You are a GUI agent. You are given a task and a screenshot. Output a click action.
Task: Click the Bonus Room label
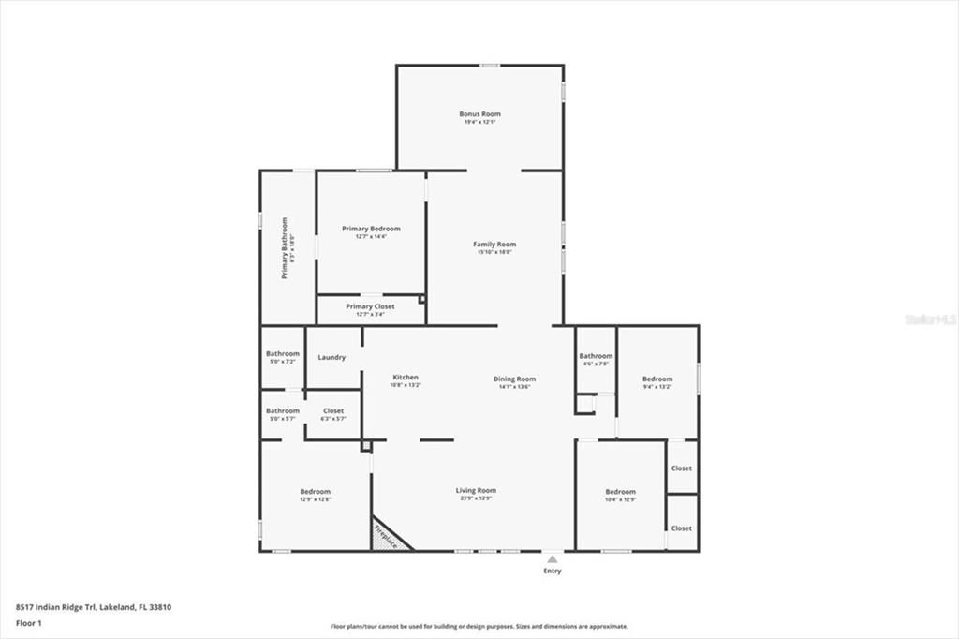pos(479,113)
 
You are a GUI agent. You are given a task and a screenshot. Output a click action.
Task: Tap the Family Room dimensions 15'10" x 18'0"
pos(494,252)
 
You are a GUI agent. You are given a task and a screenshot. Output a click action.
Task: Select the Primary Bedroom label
pos(371,229)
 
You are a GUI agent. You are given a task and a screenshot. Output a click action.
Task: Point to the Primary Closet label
pos(370,306)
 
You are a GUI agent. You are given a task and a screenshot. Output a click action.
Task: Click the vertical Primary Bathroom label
pos(285,248)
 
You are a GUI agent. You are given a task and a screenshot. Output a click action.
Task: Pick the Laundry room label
pos(332,357)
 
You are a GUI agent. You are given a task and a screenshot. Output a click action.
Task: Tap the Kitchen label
pos(406,377)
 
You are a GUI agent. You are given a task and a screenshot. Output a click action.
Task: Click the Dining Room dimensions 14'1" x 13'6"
pos(514,386)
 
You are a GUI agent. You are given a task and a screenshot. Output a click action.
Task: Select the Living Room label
pos(476,490)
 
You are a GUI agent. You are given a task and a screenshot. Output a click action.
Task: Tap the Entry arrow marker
pos(553,559)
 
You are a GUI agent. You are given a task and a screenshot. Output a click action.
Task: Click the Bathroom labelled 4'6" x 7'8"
pos(595,356)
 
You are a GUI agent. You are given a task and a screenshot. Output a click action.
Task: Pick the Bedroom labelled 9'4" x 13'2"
pos(657,379)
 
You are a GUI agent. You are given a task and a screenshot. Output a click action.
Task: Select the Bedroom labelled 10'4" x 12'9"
pos(620,492)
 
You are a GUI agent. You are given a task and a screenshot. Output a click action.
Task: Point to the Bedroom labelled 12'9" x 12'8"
pos(315,492)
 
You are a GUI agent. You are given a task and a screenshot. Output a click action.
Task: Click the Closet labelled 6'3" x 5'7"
pos(333,410)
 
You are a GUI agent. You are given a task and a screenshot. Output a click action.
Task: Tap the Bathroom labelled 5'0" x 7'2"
pos(282,354)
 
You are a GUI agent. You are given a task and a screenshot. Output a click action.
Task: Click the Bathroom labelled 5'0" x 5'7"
pos(282,410)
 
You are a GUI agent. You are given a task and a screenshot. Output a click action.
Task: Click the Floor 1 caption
pos(28,622)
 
